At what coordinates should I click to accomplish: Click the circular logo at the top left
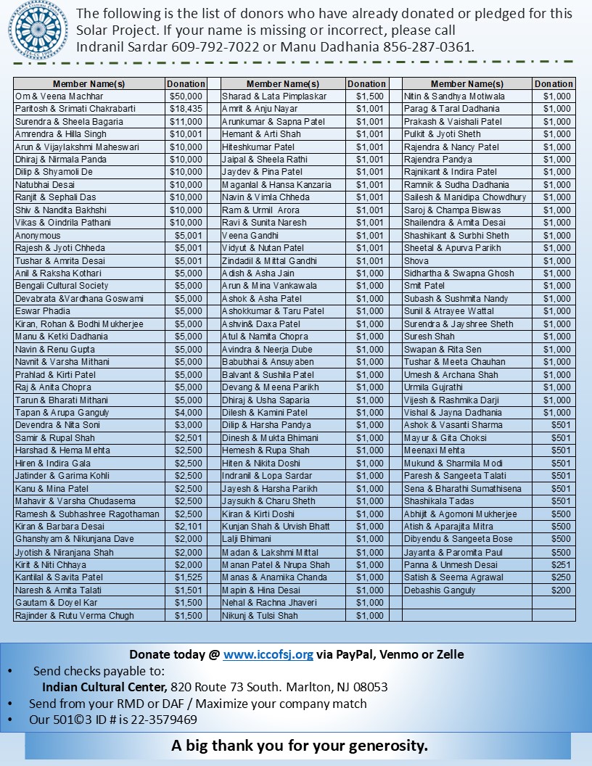(37, 30)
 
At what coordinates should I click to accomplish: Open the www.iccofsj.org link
(268, 654)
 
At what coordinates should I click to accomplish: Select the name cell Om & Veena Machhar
(59, 96)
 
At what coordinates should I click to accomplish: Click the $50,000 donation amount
(186, 96)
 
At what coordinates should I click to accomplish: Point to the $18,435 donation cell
(186, 109)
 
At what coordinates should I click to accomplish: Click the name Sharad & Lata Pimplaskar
(274, 96)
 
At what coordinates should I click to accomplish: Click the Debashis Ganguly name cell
(440, 590)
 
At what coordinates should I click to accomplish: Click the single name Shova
(416, 261)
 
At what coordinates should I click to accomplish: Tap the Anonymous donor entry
(38, 236)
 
